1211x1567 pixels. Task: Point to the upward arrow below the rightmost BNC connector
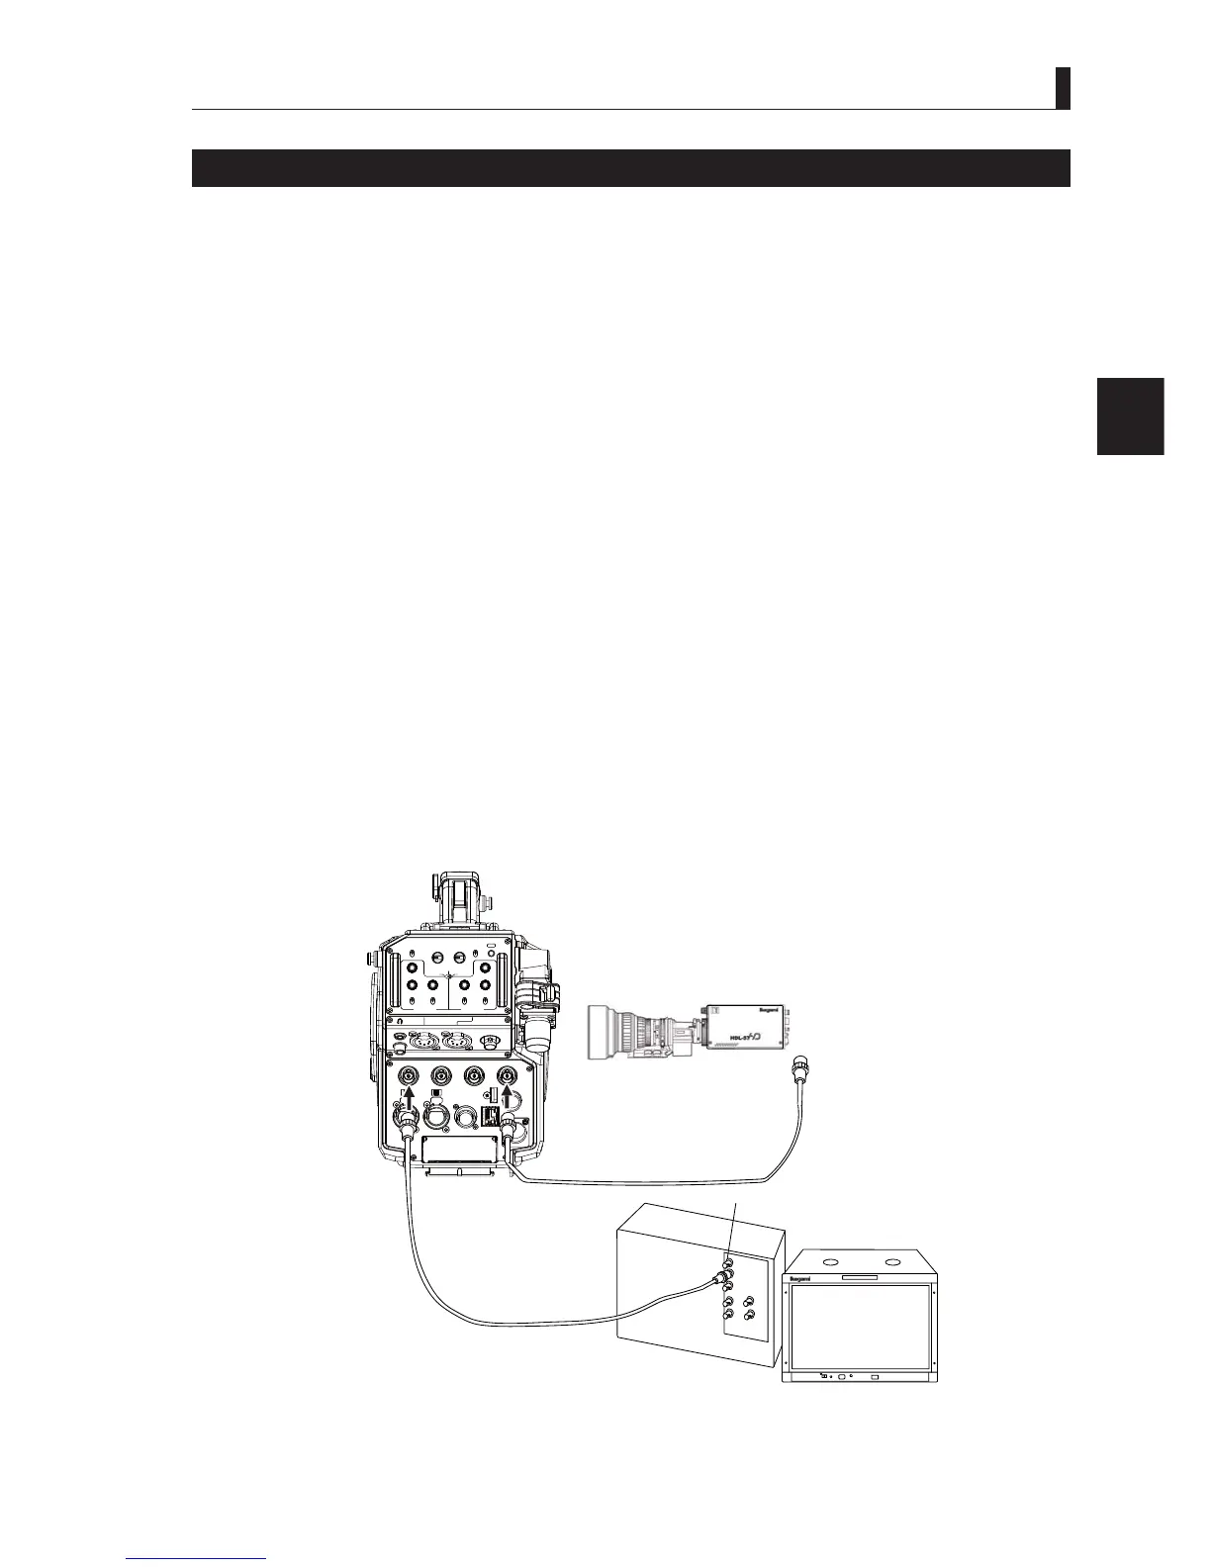point(510,1096)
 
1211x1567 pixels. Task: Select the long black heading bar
point(630,167)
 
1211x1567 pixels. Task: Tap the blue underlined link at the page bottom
point(197,1557)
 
